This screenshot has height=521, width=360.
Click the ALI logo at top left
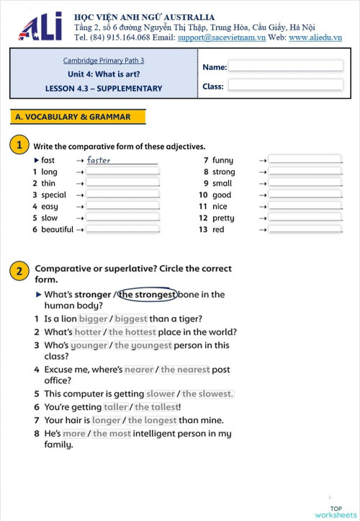pyautogui.click(x=40, y=27)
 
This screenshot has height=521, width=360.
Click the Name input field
pyautogui.click(x=285, y=66)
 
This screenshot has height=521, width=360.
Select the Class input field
pyautogui.click(x=285, y=85)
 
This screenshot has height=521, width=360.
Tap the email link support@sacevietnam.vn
pyautogui.click(x=222, y=37)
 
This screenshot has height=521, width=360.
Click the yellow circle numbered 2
pyautogui.click(x=19, y=272)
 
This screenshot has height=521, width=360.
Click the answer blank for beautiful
pyautogui.click(x=122, y=229)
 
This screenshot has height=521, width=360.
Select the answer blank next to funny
pyautogui.click(x=305, y=160)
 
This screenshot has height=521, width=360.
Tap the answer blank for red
pyautogui.click(x=305, y=229)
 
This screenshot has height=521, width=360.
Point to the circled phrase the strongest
pyautogui.click(x=148, y=294)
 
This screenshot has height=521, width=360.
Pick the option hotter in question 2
pyautogui.click(x=88, y=332)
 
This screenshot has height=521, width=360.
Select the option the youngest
pyautogui.click(x=143, y=344)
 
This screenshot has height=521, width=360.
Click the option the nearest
pyautogui.click(x=185, y=369)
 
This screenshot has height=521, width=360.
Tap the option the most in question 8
pyautogui.click(x=112, y=433)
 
